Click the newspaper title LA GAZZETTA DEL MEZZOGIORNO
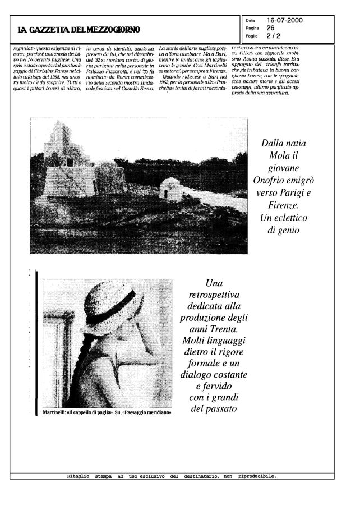[x=78, y=29]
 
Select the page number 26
[x=270, y=27]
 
